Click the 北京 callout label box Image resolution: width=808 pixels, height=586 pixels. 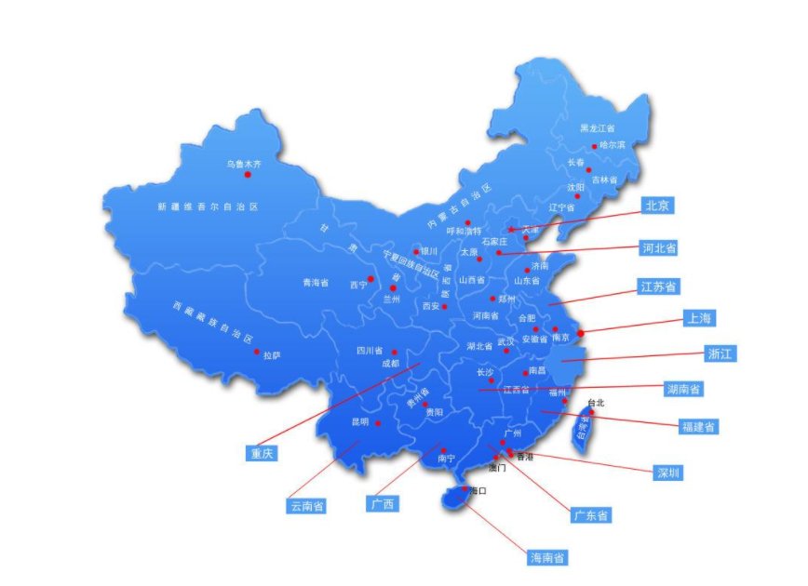click(660, 206)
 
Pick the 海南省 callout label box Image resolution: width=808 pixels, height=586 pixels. click(548, 557)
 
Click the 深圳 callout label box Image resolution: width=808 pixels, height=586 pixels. click(667, 473)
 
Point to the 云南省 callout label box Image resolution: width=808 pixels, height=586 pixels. click(307, 506)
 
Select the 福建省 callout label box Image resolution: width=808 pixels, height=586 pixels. click(698, 427)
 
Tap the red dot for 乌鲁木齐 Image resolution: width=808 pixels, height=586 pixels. click(248, 174)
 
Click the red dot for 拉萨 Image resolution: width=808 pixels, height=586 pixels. click(257, 352)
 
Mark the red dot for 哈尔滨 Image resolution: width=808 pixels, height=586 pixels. click(594, 146)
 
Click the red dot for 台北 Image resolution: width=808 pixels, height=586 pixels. click(590, 412)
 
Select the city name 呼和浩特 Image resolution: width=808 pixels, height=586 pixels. click(465, 231)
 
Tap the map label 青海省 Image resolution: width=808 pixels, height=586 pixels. click(315, 282)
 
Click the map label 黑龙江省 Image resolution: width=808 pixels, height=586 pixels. click(598, 127)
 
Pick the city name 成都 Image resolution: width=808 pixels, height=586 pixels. click(389, 364)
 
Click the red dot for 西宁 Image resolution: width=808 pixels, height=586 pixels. click(370, 279)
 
